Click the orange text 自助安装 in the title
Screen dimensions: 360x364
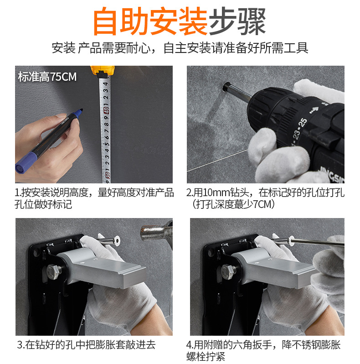pyautogui.click(x=150, y=21)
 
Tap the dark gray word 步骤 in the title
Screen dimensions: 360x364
pyautogui.click(x=237, y=21)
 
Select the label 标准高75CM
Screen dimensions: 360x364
pyautogui.click(x=47, y=77)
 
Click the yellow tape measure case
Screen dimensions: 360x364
pyautogui.click(x=102, y=71)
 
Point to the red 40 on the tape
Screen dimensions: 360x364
pyautogui.click(x=106, y=110)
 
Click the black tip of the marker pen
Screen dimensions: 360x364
pyautogui.click(x=81, y=110)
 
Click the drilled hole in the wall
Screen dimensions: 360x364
pyautogui.click(x=226, y=87)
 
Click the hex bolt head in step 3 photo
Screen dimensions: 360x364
pyautogui.click(x=54, y=271)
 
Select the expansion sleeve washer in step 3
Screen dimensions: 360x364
pyautogui.click(x=117, y=241)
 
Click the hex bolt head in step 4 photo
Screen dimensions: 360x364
pyautogui.click(x=228, y=271)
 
